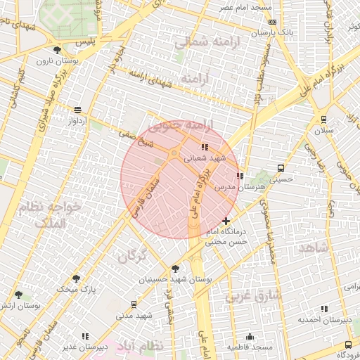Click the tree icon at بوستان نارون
coord(57,49)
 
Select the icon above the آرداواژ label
coord(77,110)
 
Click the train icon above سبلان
coord(323,119)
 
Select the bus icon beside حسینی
coord(281,169)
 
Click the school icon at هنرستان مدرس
coord(240,176)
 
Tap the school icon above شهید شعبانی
coord(205,147)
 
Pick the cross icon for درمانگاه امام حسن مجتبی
coord(226,221)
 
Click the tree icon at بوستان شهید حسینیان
coord(175,268)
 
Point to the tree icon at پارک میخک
coord(76,278)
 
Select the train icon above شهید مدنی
coord(134,304)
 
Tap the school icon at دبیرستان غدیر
coord(85,336)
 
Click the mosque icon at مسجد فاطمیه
coord(250,336)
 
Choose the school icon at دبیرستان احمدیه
coord(324,309)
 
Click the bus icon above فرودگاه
coord(348,345)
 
